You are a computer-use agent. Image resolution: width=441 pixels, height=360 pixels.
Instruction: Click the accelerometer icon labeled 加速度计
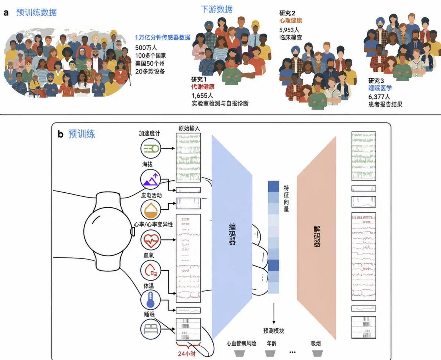click(x=151, y=149)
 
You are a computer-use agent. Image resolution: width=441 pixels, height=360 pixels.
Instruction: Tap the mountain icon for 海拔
click(x=151, y=179)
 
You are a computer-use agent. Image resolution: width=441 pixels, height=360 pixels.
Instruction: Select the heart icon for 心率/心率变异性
click(x=151, y=240)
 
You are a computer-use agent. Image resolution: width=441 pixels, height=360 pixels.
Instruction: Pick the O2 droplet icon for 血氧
click(x=151, y=271)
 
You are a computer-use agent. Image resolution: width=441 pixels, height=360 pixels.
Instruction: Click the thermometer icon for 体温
click(x=151, y=300)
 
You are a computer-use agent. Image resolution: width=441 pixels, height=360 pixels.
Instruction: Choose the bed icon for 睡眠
click(x=151, y=329)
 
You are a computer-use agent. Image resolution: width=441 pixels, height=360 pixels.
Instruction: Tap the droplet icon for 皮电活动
click(x=151, y=210)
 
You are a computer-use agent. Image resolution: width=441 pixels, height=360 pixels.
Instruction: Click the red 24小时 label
click(x=187, y=354)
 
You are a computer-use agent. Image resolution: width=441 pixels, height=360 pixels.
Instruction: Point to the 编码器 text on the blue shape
click(x=232, y=234)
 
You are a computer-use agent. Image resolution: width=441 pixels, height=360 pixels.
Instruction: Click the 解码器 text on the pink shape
click(x=317, y=236)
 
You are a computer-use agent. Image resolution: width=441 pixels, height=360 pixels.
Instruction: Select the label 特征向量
click(x=286, y=198)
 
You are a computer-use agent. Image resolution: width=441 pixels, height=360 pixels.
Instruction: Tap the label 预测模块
click(x=273, y=331)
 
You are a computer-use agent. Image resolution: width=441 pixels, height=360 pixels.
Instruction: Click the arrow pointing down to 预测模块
click(x=274, y=313)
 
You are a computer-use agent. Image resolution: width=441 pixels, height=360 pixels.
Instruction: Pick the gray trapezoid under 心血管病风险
click(x=240, y=353)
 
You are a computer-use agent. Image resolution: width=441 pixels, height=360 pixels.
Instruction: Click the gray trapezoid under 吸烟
click(x=318, y=353)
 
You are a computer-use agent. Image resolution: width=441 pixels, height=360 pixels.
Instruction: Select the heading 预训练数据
click(x=37, y=13)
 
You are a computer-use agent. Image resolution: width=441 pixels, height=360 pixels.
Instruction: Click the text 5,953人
click(x=289, y=30)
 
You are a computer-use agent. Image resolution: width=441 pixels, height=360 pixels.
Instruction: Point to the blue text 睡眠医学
click(x=380, y=88)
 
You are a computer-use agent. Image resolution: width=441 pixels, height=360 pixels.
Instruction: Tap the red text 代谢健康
click(x=203, y=87)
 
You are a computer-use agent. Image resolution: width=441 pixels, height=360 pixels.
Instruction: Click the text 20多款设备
click(x=150, y=72)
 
